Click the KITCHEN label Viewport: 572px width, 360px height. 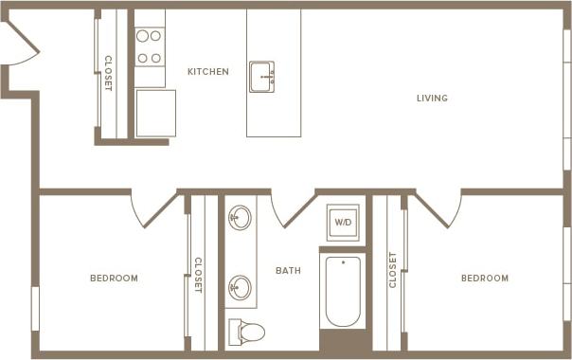pos(207,72)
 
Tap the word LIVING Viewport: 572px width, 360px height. pos(432,99)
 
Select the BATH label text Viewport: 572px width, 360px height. pos(288,271)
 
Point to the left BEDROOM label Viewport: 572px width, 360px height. pos(114,279)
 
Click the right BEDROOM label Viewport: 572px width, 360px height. pos(484,279)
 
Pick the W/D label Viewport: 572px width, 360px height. pos(342,223)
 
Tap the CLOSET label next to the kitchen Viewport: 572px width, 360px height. pos(108,73)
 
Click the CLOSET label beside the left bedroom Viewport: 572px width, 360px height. pos(198,275)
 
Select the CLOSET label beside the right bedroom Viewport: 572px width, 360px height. pos(393,269)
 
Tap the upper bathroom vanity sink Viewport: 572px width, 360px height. pos(241,218)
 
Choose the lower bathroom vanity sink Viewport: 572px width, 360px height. pos(241,286)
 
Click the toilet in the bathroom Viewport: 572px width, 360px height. pos(248,332)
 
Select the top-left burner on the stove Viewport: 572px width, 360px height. pos(142,37)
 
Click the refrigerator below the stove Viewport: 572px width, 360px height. pos(155,113)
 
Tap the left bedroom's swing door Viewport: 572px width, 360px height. pos(152,208)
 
